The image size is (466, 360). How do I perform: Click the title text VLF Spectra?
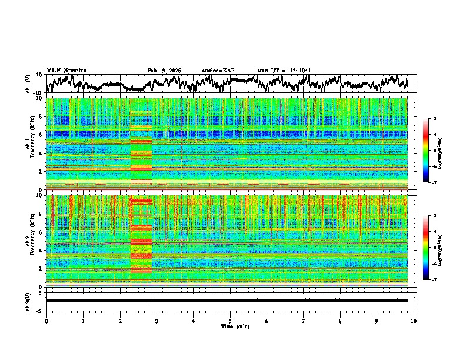click(66, 71)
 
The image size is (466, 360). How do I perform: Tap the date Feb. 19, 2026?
click(164, 71)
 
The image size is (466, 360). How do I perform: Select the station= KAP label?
click(218, 71)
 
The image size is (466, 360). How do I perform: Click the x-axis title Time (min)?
click(230, 326)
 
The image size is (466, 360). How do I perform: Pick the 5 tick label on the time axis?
click(230, 321)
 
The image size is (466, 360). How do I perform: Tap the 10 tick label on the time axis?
click(414, 321)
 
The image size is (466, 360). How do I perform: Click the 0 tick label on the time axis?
click(46, 321)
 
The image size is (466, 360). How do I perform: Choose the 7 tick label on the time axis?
click(304, 321)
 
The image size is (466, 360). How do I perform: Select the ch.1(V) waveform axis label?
click(28, 84)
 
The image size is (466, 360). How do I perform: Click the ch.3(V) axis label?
click(28, 301)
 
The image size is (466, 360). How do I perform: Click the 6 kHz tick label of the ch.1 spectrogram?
click(42, 135)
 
